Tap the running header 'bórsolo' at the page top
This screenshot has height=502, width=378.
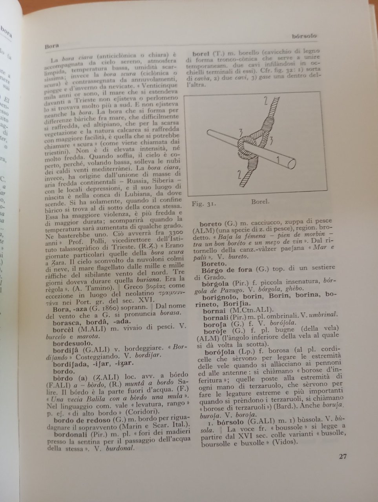coord(304,36)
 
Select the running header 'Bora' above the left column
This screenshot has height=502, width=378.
coord(51,45)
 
